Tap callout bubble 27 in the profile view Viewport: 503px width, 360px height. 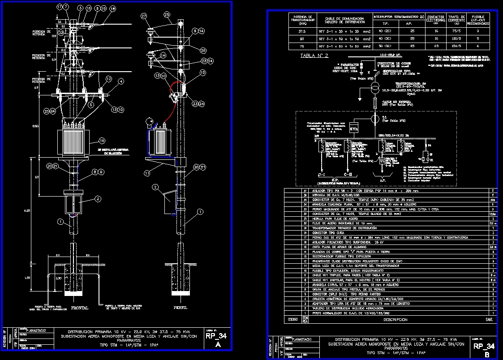tap(144, 16)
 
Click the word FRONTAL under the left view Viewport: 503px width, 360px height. tap(80, 308)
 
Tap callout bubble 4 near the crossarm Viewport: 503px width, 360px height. tap(121, 81)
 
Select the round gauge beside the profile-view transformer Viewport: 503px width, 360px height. tap(149, 121)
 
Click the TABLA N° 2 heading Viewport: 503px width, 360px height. tap(314, 56)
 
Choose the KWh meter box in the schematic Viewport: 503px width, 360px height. tap(354, 129)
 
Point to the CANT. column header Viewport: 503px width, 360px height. tap(490, 320)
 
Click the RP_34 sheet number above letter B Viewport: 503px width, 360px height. tap(484, 346)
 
